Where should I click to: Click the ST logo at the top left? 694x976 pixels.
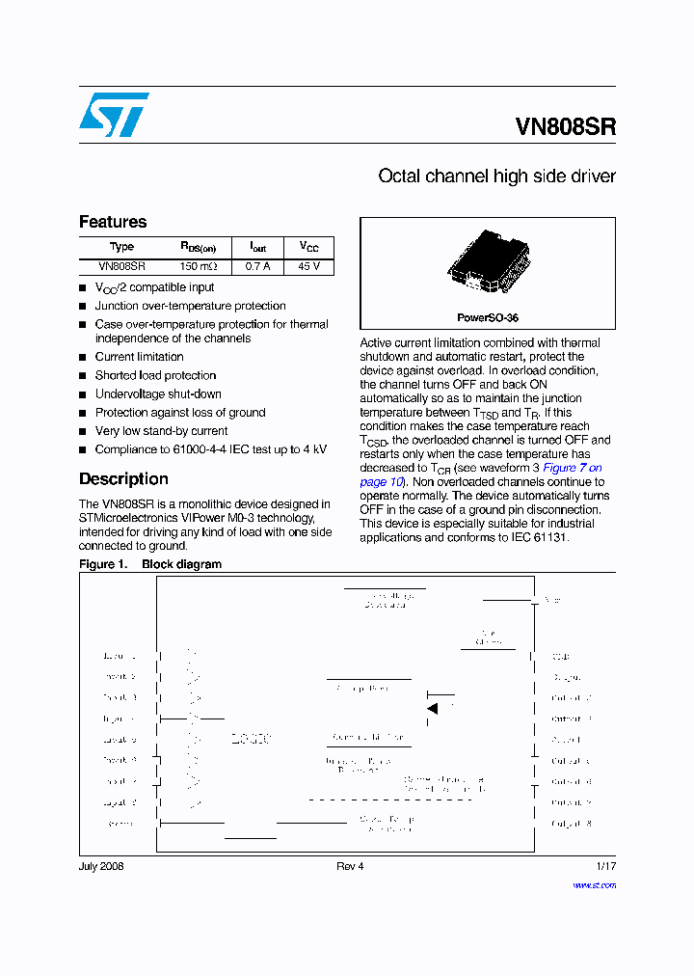coord(113,115)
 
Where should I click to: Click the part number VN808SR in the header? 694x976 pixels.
coord(565,126)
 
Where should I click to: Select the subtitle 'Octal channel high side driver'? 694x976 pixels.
coord(496,176)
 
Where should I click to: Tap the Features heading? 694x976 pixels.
coord(113,222)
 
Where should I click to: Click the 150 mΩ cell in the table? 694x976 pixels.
coord(199,266)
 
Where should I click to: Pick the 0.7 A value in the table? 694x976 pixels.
coord(258,266)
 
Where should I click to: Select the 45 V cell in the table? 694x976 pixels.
coord(309,266)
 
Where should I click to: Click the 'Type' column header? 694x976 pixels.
coord(122,247)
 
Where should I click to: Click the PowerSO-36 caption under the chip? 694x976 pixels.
coord(488,317)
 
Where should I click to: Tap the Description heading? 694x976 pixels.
coord(123,479)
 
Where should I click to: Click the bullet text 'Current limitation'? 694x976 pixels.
coord(139,357)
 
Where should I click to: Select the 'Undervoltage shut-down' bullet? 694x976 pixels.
coord(158,393)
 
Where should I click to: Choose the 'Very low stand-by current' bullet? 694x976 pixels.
coord(161,431)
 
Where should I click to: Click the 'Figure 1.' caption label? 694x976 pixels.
coord(102,564)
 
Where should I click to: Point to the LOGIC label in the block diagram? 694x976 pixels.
coord(251,740)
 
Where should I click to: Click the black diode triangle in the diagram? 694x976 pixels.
coord(433,709)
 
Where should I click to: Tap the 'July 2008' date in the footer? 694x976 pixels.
coord(101,866)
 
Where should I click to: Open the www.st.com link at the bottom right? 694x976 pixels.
coord(594,884)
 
